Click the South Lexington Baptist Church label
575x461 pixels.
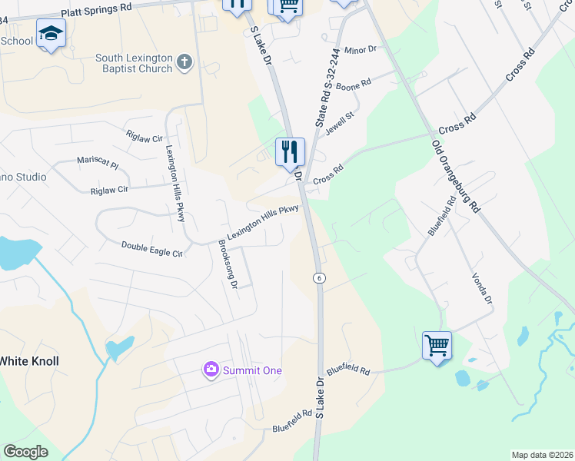coord(134,63)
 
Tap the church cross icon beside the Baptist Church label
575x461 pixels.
coord(184,62)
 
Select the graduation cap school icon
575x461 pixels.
coord(51,34)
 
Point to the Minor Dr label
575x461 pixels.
coord(361,49)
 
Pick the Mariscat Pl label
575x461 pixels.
coord(98,164)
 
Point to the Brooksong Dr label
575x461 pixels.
coord(227,263)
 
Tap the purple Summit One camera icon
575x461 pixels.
coord(211,370)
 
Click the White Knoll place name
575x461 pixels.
coord(28,360)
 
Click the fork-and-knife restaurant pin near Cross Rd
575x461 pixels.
coord(290,152)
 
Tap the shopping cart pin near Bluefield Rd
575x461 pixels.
coord(437,346)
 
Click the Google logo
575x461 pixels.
coord(25,452)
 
